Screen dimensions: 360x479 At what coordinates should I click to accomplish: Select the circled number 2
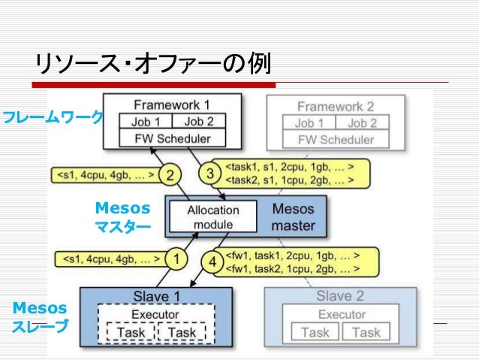coord(171,176)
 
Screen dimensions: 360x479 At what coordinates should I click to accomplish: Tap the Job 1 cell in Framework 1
coord(146,122)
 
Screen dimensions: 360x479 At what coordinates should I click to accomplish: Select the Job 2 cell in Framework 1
coord(198,122)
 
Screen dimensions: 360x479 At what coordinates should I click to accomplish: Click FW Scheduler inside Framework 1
coord(172,139)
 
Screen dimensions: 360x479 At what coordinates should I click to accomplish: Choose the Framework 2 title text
coord(335,107)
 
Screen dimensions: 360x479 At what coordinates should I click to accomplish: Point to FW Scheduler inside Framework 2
coord(336,140)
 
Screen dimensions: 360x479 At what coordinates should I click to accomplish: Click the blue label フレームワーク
coord(51,118)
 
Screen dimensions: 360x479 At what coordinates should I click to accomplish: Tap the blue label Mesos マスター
coord(122,216)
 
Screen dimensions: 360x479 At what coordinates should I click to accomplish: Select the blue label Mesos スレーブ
coord(40,316)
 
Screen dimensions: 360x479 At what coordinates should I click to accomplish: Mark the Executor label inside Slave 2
coord(342,314)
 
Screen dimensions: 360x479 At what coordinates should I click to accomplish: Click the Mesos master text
coord(293,216)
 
